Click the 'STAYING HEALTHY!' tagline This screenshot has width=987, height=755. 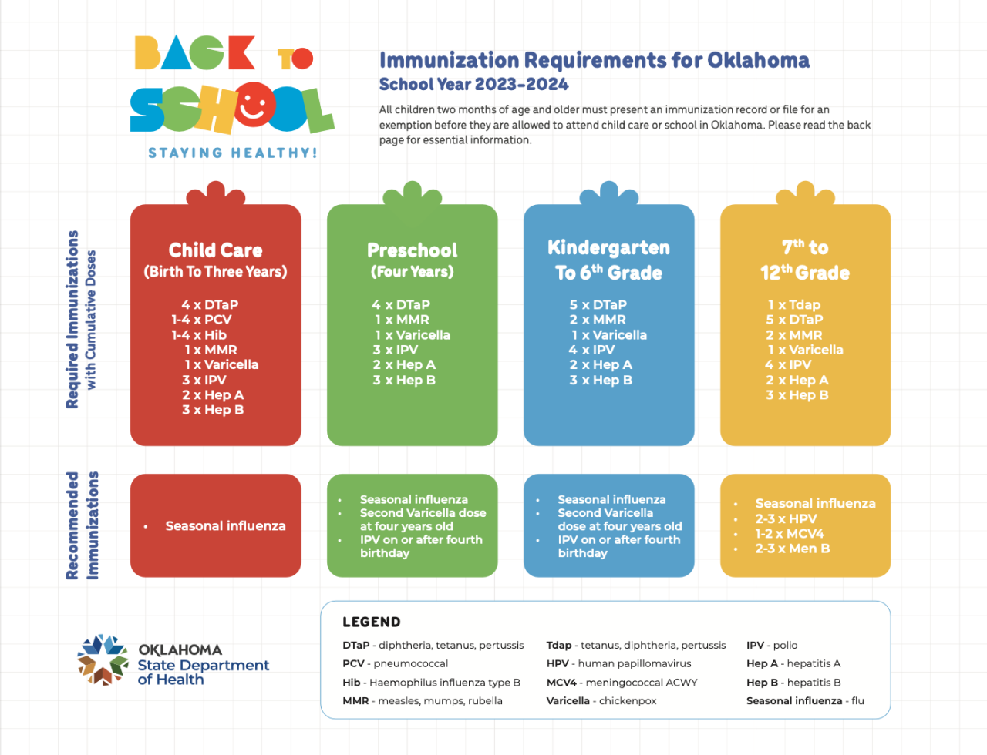(232, 153)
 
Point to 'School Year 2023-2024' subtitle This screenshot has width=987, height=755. (473, 84)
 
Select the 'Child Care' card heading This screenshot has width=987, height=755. (215, 250)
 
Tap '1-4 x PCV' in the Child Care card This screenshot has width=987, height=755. (201, 320)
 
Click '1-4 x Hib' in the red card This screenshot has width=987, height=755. (199, 335)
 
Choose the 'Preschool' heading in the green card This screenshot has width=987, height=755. (412, 250)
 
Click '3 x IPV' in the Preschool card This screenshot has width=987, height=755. (395, 350)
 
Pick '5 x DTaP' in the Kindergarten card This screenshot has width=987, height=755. (598, 305)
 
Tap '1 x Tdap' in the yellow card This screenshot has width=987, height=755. (793, 305)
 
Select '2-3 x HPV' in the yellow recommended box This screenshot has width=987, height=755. (785, 518)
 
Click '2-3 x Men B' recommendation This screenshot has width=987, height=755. (792, 549)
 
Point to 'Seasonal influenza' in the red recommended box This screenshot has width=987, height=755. (225, 525)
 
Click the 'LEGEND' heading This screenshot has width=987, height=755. (372, 622)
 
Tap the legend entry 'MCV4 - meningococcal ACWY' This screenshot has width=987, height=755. (622, 683)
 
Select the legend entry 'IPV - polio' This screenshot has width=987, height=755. (771, 645)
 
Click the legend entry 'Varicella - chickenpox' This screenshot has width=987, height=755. (601, 701)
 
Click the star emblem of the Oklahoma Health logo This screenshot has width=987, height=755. (103, 659)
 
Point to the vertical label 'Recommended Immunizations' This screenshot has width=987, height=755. (82, 525)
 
